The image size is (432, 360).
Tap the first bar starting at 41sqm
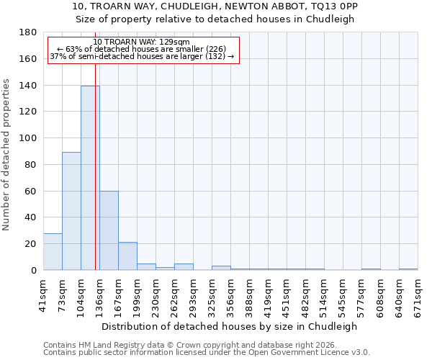[x=53, y=251]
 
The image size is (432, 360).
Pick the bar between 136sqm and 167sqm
[x=109, y=230]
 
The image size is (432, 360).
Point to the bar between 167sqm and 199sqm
[x=127, y=256]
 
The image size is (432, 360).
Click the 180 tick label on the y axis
[x=29, y=32]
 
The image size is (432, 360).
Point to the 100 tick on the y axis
[x=29, y=138]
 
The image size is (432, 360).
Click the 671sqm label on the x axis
[x=419, y=294]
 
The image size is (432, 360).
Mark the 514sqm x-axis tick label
[x=325, y=294]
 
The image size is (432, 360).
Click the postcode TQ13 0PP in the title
[x=332, y=6]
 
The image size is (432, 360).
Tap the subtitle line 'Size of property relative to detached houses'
[x=215, y=19]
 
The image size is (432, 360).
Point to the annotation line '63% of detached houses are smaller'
[x=142, y=49]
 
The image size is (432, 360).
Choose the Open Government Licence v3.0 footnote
[x=206, y=353]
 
